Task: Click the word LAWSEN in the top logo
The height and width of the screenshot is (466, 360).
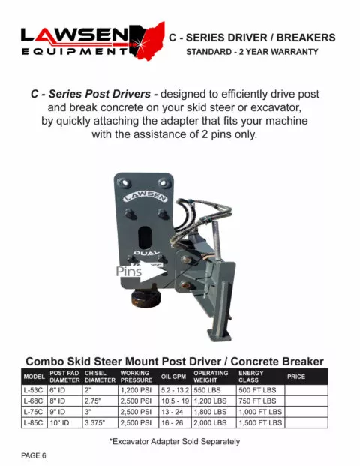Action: [75, 35]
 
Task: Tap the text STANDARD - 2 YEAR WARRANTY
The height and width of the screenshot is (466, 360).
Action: [252, 53]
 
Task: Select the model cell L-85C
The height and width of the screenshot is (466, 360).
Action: [34, 423]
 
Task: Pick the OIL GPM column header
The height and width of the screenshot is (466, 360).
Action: [174, 376]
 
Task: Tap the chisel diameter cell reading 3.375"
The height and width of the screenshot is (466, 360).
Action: [99, 423]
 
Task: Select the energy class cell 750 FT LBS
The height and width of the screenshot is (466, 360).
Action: [259, 401]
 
